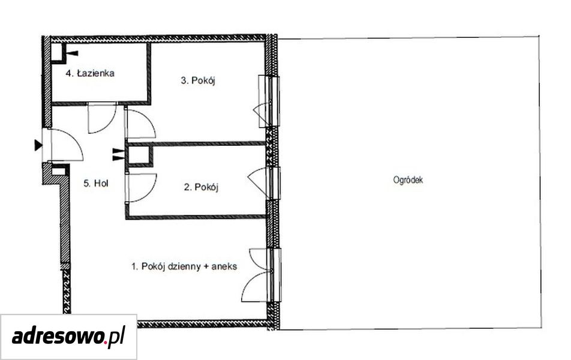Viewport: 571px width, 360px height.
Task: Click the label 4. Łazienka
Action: pos(90,73)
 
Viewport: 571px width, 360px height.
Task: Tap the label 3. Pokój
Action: pos(198,80)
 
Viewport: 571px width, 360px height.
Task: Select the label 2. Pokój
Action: pos(201,187)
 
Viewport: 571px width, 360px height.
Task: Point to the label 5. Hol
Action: pos(96,183)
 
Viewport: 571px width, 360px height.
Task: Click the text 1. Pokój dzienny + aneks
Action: pos(184,266)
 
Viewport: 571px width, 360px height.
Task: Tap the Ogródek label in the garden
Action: pos(408,179)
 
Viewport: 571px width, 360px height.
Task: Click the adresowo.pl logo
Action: pos(68,337)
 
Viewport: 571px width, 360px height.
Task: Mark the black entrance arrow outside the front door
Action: pos(38,145)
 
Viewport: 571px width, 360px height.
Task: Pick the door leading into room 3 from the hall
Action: pos(140,124)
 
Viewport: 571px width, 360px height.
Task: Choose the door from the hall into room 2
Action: pos(141,188)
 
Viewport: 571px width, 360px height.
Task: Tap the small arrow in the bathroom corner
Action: pos(73,53)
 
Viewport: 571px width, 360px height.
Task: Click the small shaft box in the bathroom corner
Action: pos(58,53)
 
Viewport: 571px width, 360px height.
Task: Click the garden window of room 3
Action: pos(269,101)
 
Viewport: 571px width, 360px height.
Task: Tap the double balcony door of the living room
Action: pos(262,275)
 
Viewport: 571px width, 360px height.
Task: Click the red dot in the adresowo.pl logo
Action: pos(106,342)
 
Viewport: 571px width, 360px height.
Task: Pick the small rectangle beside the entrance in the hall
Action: pos(58,170)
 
